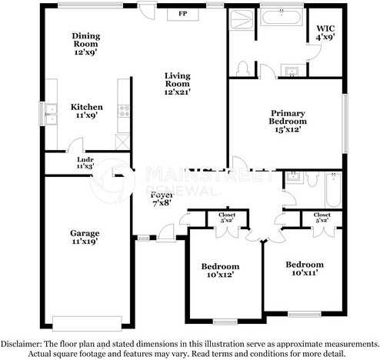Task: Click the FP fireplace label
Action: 183,14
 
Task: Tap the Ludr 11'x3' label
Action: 85,162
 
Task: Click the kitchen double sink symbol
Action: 51,114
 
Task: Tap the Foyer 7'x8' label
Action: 161,198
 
